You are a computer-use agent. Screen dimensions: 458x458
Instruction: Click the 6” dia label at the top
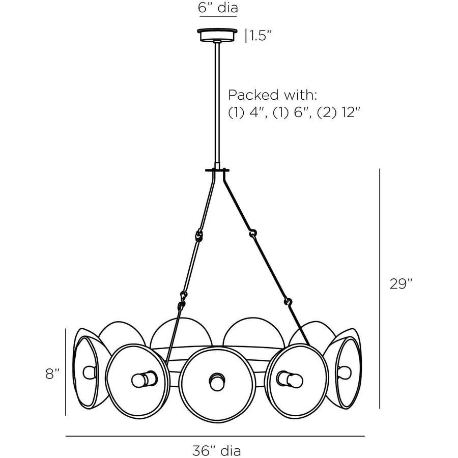[x=218, y=7]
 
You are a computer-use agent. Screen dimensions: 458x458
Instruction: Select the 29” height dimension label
[x=401, y=283]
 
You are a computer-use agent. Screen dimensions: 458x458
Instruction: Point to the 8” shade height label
[x=52, y=374]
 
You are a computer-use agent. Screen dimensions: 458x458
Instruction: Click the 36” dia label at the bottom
[x=217, y=450]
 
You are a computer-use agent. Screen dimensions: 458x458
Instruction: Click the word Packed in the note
[x=253, y=95]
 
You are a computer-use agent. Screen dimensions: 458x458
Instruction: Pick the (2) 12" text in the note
[x=338, y=112]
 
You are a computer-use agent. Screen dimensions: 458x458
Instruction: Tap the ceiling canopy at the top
[x=217, y=35]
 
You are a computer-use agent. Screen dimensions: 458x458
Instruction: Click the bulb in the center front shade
[x=217, y=382]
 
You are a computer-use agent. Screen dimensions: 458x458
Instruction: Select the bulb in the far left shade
[x=90, y=372]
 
